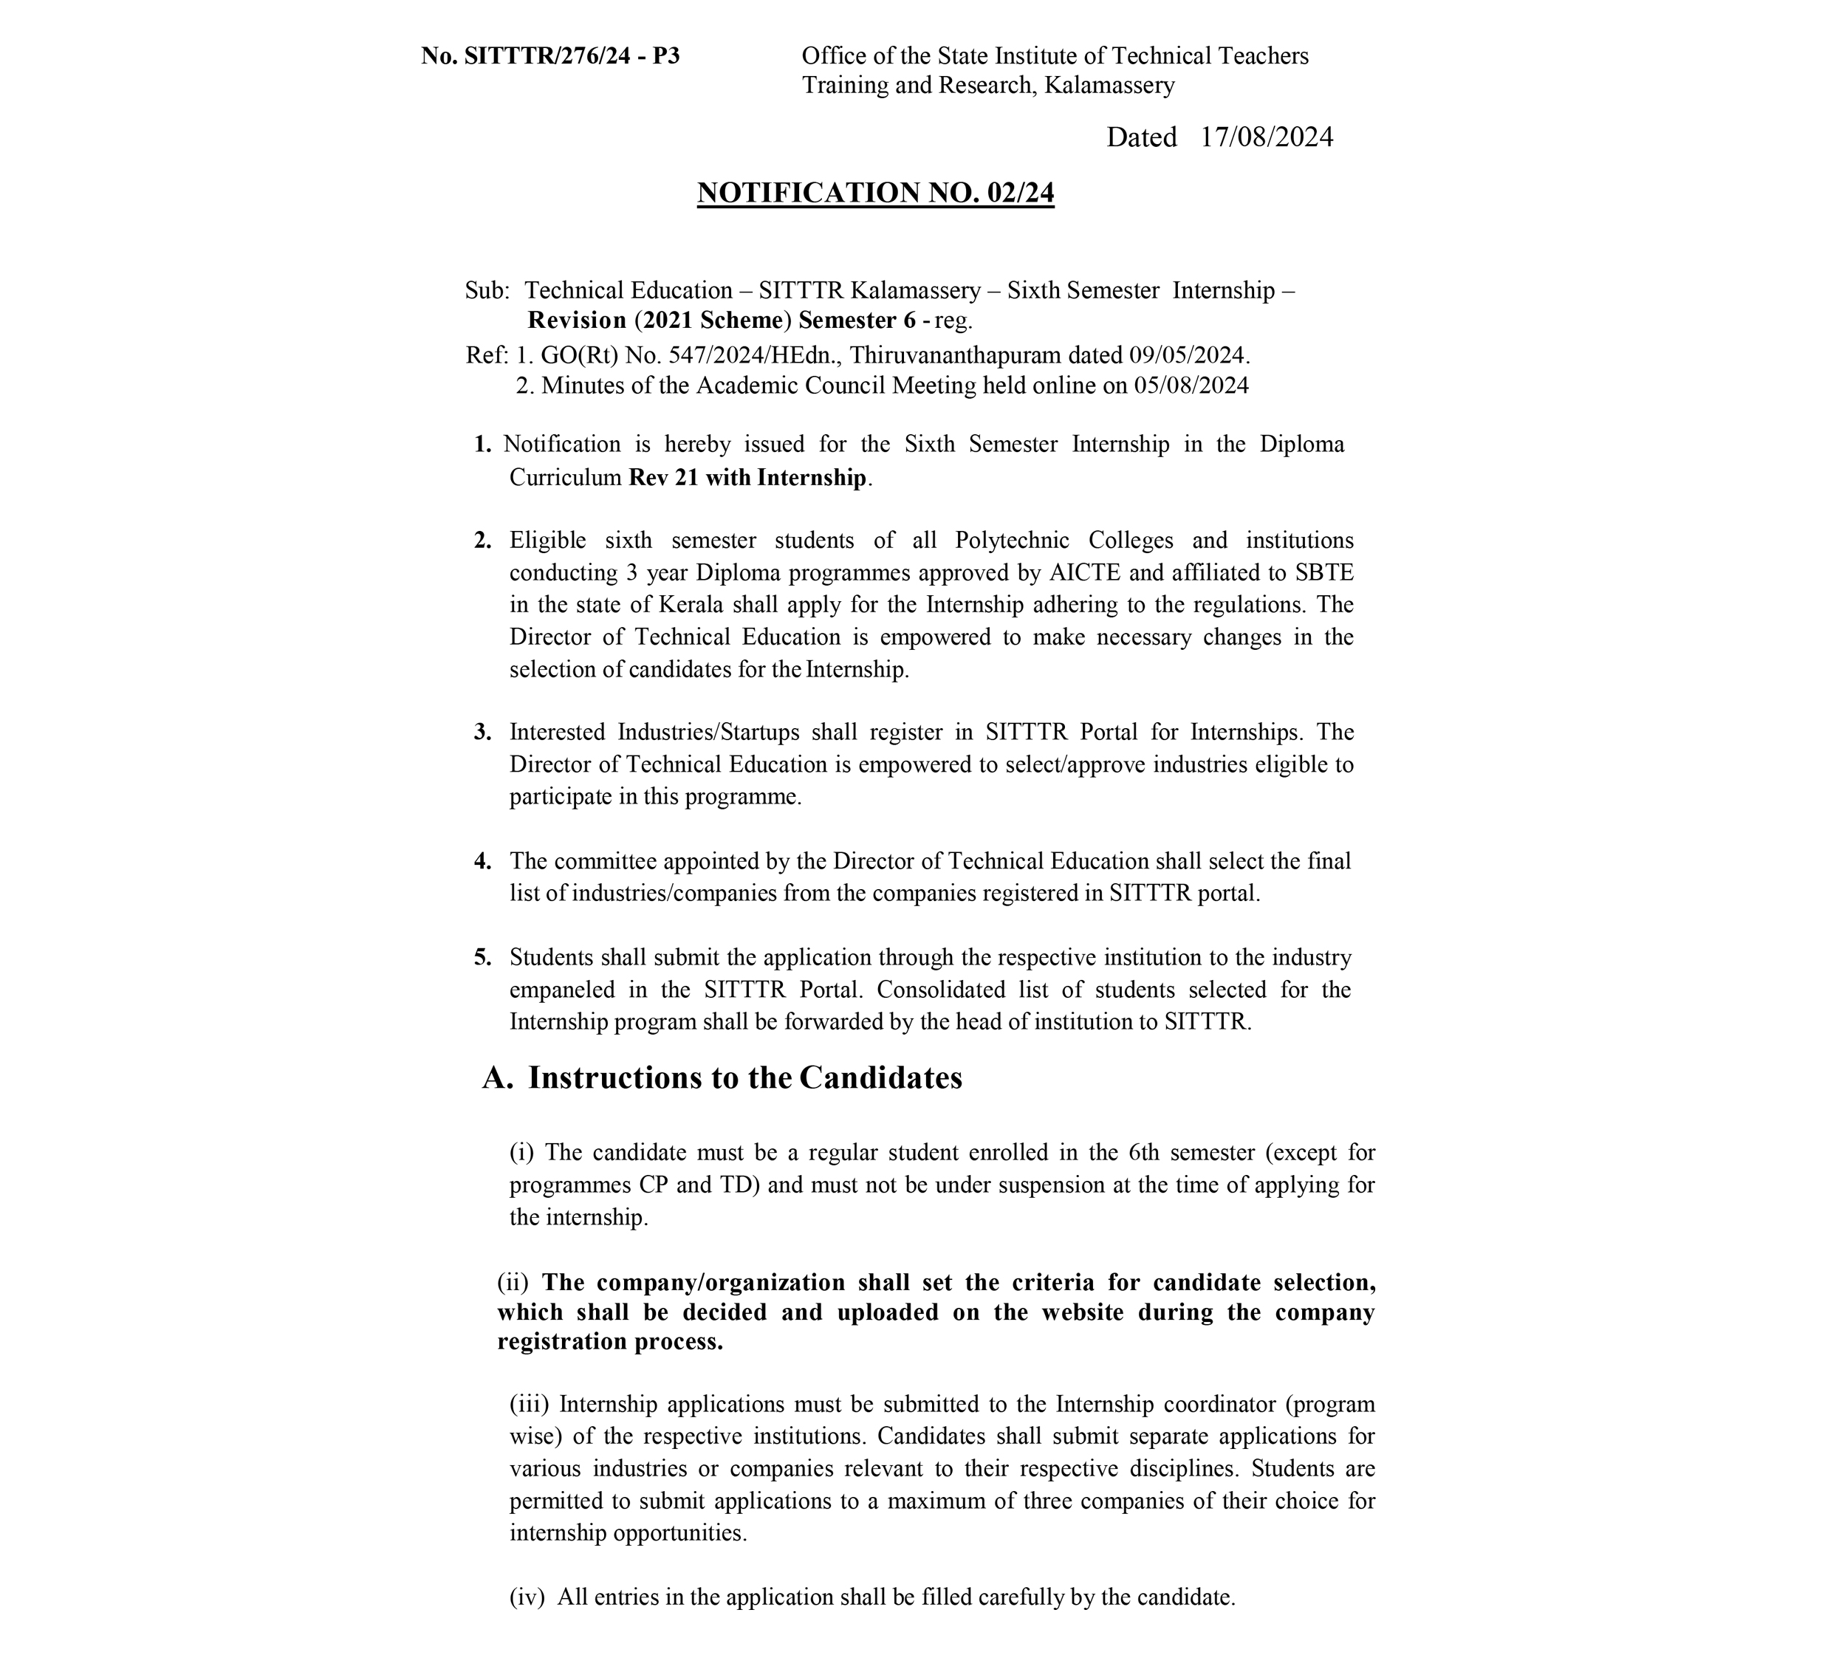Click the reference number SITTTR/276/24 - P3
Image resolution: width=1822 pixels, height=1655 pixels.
[x=571, y=56]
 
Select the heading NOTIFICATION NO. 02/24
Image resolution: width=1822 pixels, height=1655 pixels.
[x=875, y=193]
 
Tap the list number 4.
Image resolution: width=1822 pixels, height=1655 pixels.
[x=482, y=861]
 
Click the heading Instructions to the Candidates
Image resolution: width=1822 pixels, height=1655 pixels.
[x=744, y=1078]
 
